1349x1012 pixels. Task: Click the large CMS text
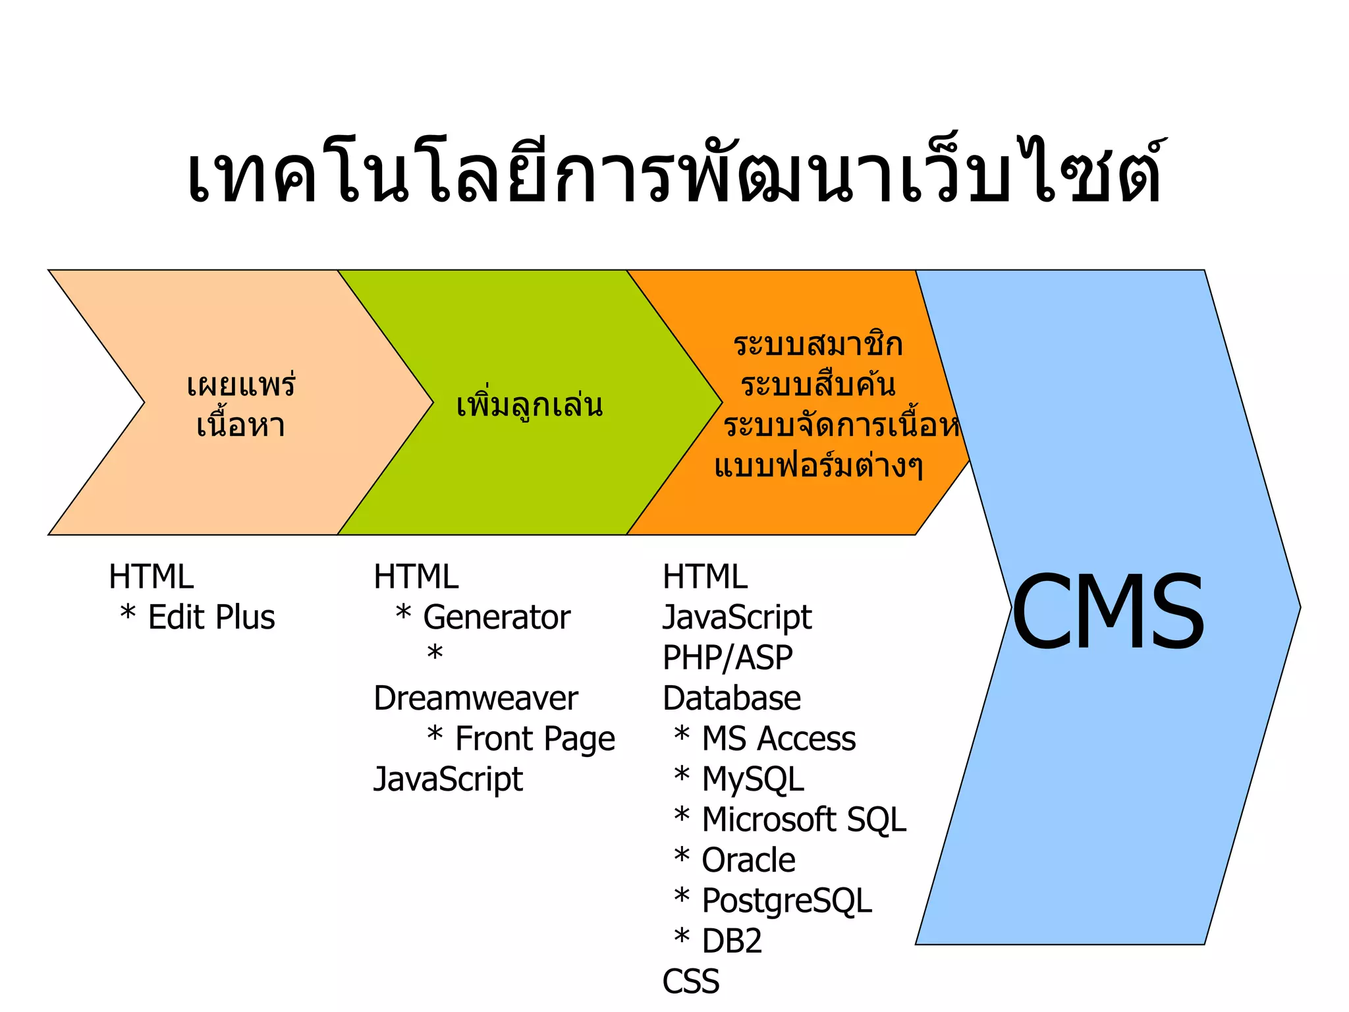point(1108,611)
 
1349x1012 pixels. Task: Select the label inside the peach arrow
point(241,405)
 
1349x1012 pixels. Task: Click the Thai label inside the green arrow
point(530,405)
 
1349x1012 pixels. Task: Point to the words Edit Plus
point(211,618)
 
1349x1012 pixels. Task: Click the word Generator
point(497,618)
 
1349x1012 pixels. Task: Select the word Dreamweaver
point(476,698)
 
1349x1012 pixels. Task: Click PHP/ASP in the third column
point(727,658)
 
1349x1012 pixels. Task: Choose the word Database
point(732,698)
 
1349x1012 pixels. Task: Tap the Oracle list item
point(748,860)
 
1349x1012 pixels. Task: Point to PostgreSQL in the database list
point(786,901)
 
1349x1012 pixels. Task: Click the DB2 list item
point(732,942)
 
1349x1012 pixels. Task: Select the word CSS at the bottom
point(691,982)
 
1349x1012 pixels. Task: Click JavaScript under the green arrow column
point(448,779)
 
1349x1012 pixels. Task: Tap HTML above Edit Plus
point(151,577)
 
